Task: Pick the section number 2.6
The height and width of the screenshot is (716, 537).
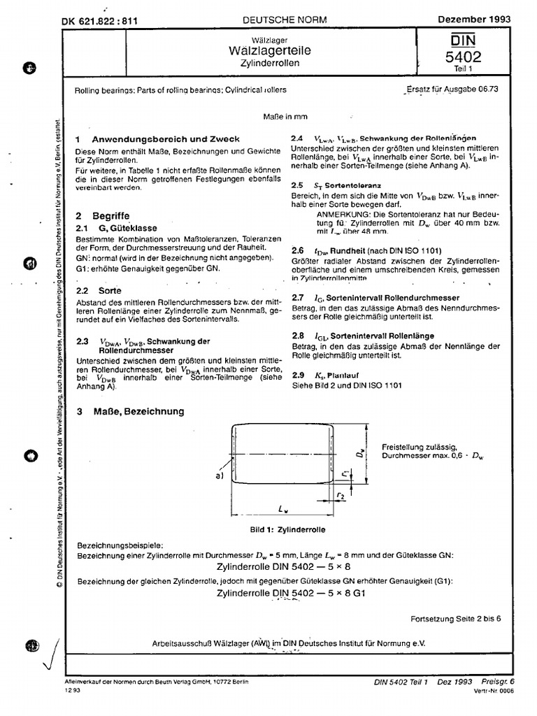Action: click(297, 250)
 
